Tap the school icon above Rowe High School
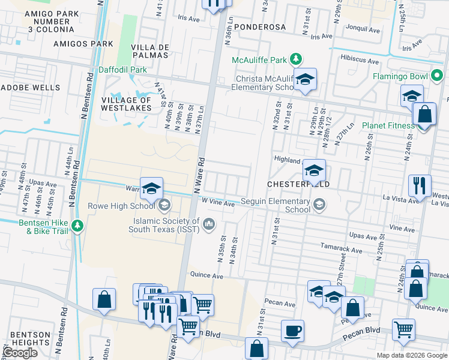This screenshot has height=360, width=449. pyautogui.click(x=152, y=188)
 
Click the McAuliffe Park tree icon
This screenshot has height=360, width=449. pyautogui.click(x=295, y=59)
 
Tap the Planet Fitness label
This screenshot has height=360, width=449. pyautogui.click(x=388, y=125)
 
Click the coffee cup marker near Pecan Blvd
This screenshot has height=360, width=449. pyautogui.click(x=292, y=331)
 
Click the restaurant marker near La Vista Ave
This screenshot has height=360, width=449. pyautogui.click(x=419, y=185)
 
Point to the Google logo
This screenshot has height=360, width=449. pyautogui.click(x=20, y=353)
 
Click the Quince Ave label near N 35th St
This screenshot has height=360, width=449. pyautogui.click(x=207, y=277)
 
